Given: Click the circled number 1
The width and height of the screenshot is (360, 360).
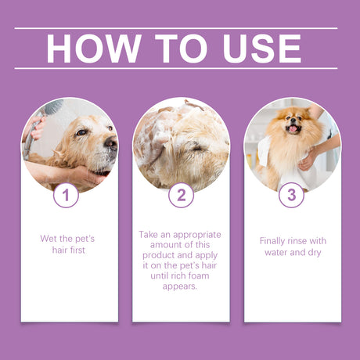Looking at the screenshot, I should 66,195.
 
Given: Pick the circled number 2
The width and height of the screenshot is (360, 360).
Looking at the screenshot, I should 181,195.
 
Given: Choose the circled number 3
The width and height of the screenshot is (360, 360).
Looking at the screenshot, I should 291,195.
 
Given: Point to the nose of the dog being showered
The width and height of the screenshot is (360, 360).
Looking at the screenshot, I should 110,143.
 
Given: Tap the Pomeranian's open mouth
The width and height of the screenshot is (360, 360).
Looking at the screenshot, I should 294,129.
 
